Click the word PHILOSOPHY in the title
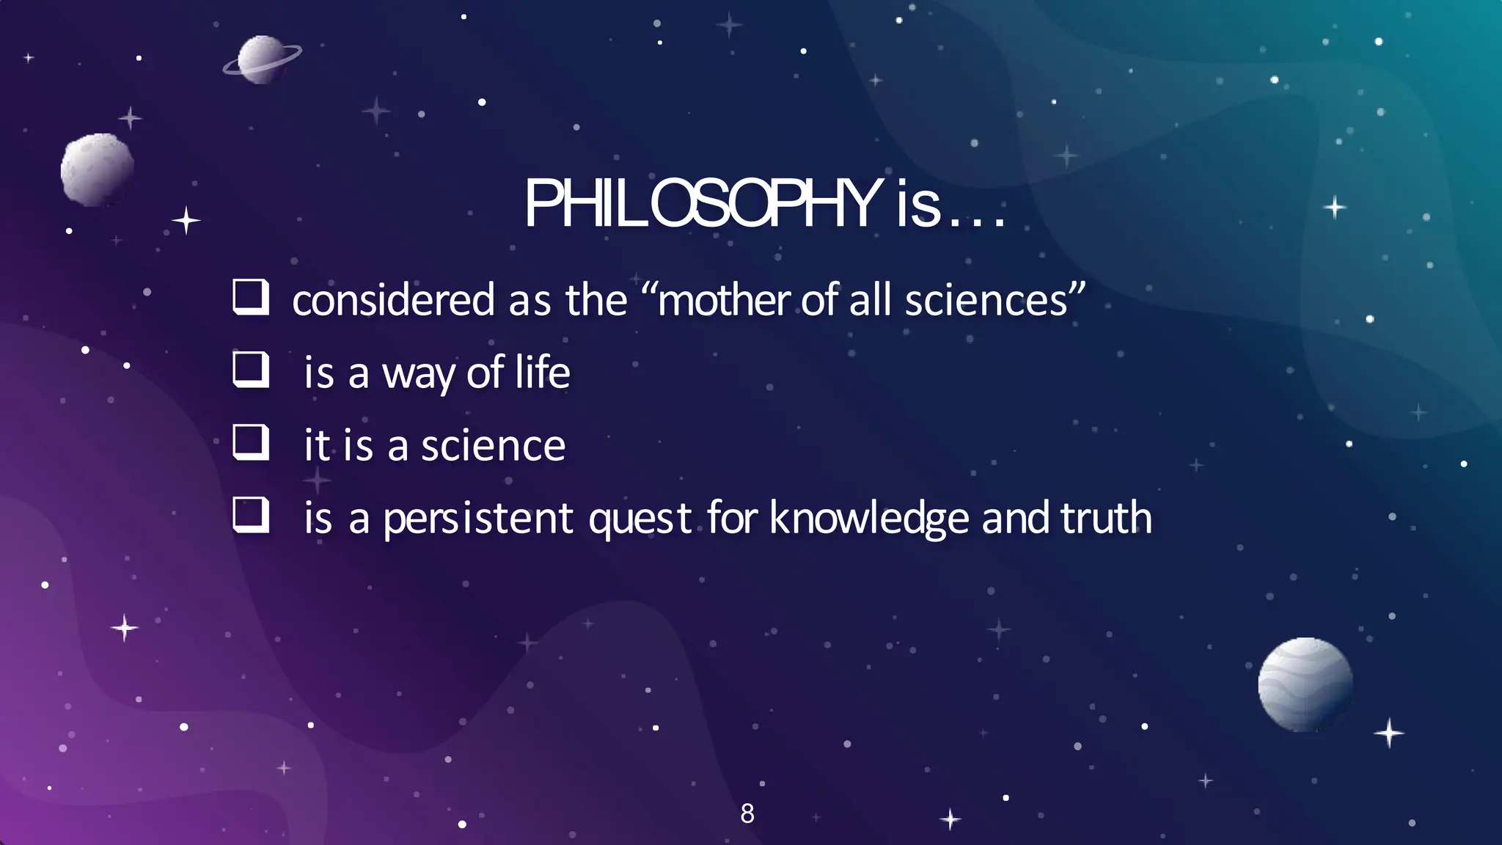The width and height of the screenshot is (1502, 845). coord(703,204)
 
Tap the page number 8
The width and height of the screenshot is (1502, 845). coord(747,813)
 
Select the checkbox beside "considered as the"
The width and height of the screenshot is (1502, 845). coord(250,297)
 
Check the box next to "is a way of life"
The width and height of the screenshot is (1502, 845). coord(250,370)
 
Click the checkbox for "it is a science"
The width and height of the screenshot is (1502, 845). coord(250,442)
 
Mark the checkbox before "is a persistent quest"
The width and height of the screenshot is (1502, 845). coord(250,515)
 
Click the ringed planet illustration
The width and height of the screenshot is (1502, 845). coord(261,59)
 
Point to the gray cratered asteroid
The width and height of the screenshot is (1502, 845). coord(97,169)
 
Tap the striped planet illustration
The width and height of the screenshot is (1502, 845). coord(1305,684)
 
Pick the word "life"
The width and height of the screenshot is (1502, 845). coord(542,372)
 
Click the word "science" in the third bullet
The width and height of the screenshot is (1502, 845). coord(493,445)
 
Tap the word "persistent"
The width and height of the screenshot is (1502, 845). coord(477,519)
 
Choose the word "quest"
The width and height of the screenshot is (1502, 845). coord(640,519)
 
